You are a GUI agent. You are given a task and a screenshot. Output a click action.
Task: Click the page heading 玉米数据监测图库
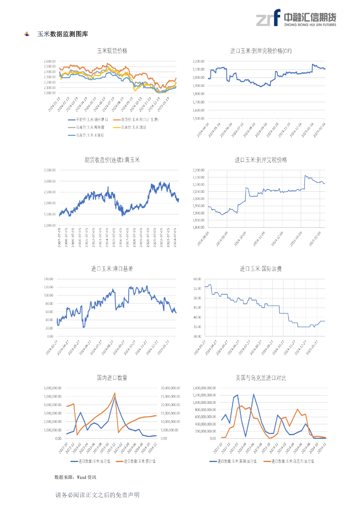[62, 34]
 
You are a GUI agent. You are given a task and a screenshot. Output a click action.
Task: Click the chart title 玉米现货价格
[112, 51]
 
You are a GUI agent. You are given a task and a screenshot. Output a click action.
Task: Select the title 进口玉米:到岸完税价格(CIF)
[261, 51]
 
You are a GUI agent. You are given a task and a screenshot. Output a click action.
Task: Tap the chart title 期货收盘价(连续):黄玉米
[112, 160]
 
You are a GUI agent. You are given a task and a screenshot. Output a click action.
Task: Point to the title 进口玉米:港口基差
[112, 269]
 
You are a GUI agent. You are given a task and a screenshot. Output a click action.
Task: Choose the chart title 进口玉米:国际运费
[261, 269]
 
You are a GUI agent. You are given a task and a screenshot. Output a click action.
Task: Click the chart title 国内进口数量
[112, 378]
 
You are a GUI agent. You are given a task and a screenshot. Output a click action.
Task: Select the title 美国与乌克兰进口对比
[261, 378]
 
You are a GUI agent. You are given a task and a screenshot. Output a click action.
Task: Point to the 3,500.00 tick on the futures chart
[50, 170]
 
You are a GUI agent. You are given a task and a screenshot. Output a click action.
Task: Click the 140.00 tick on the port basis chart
[48, 279]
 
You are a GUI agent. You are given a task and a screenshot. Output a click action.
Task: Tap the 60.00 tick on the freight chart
[197, 279]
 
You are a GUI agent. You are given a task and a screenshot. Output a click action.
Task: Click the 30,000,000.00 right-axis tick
[170, 388]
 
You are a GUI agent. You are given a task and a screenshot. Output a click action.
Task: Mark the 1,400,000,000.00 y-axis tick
[204, 388]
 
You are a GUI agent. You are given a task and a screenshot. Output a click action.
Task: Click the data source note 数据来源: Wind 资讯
[75, 477]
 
